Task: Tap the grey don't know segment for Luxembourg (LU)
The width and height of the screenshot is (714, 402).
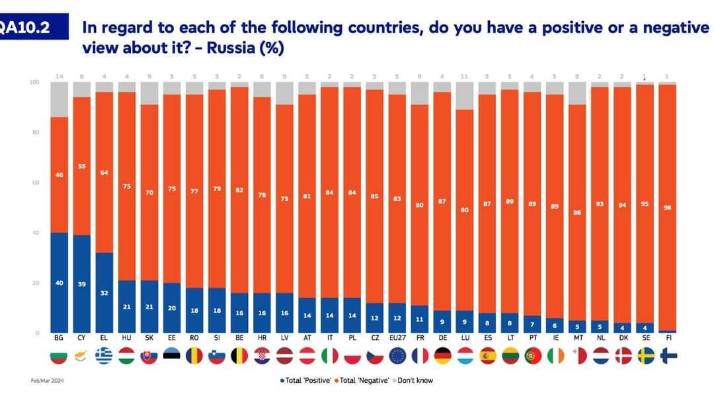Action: coord(465,95)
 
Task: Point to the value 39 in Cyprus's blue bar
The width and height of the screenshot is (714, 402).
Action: coord(82,284)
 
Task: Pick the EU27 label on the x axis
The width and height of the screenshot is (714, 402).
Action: coord(396,338)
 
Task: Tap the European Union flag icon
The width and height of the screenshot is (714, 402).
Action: coord(396,356)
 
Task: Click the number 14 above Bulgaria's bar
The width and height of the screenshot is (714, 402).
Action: coord(59,77)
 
